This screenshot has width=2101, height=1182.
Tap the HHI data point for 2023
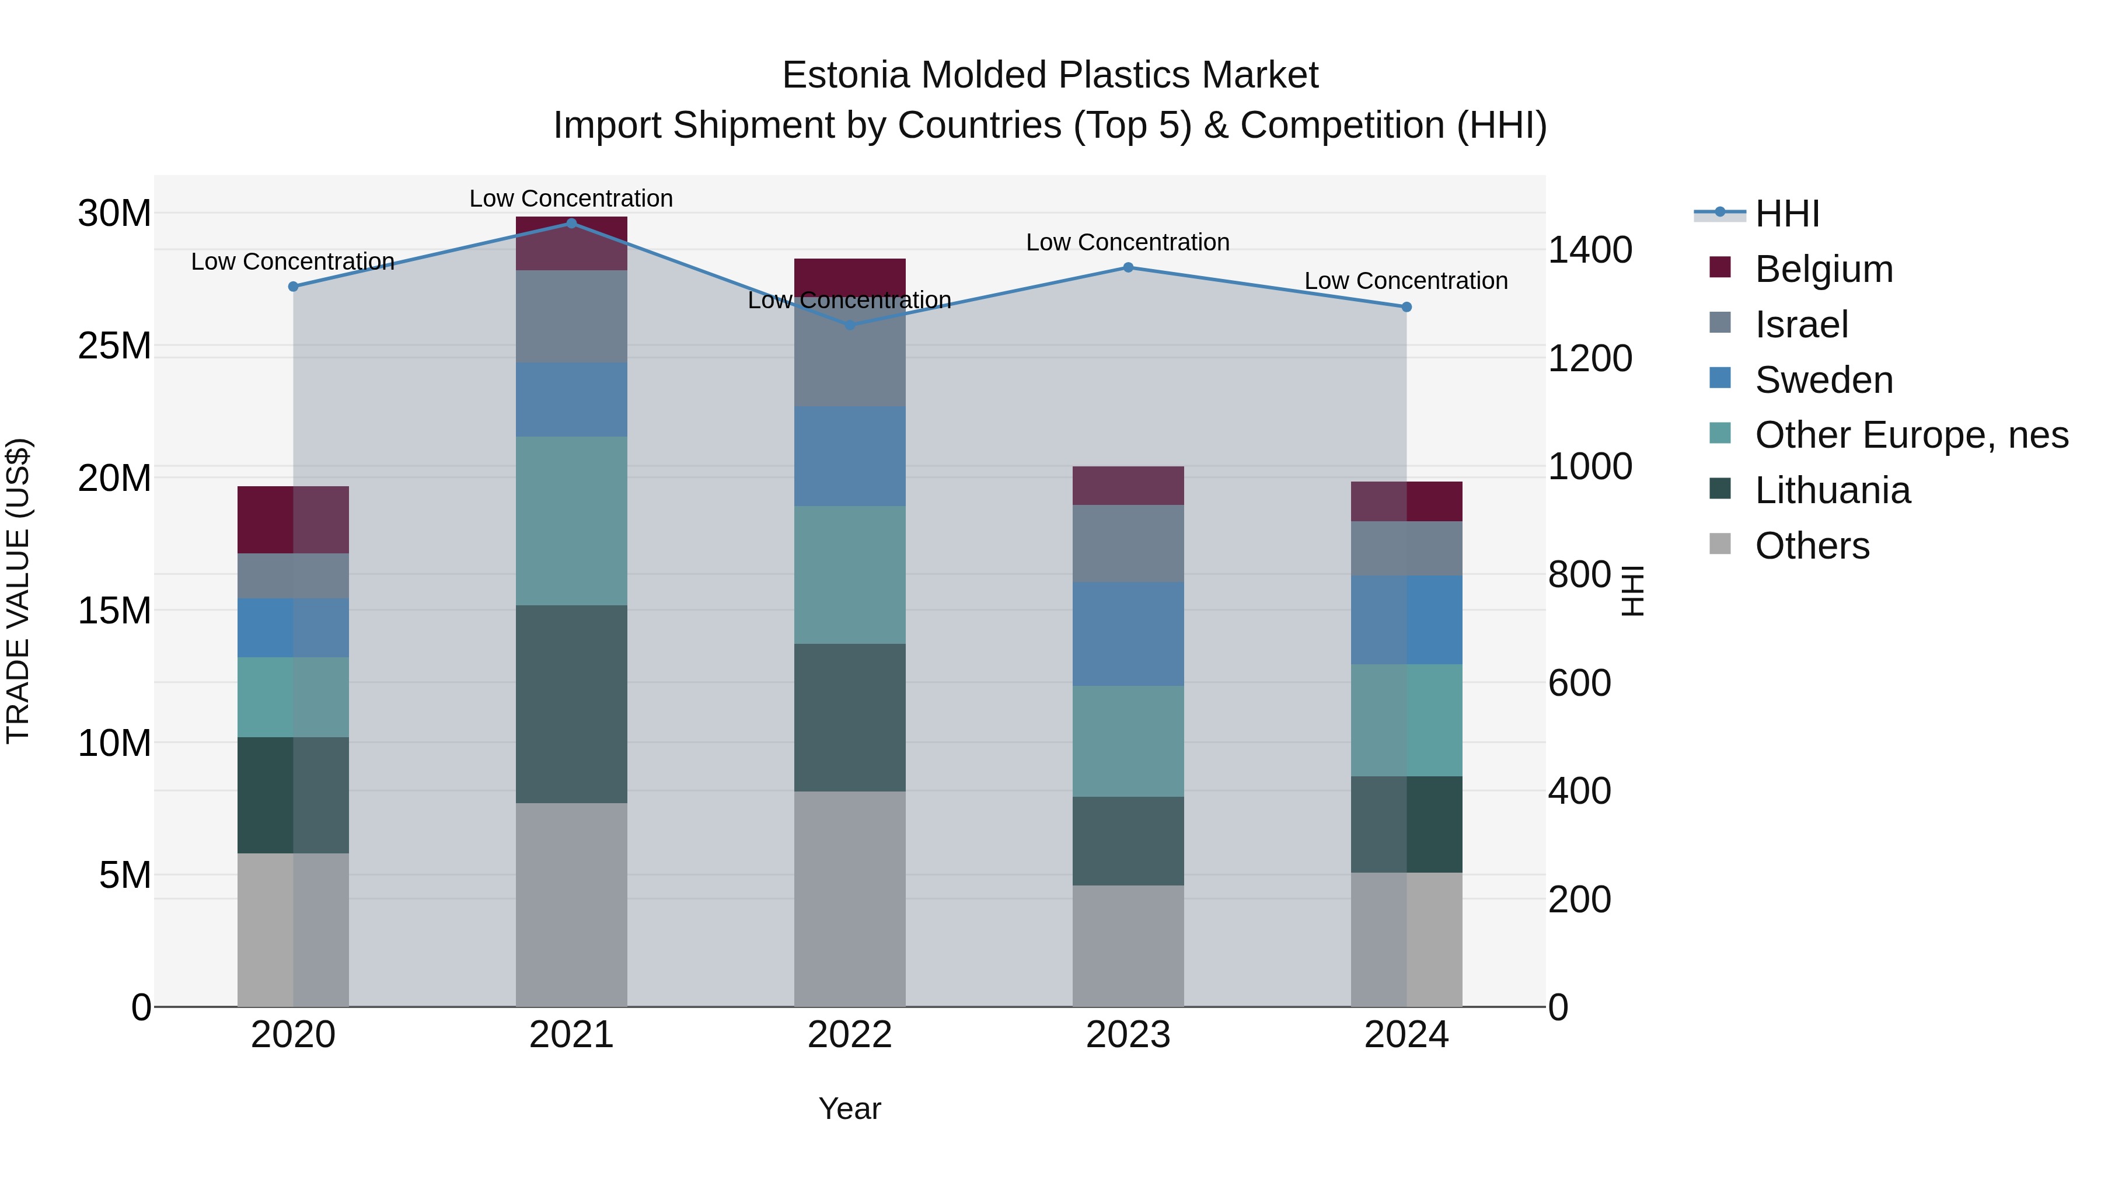(x=1128, y=267)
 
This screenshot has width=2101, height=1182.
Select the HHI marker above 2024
(x=1406, y=308)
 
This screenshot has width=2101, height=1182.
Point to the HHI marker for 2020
(x=294, y=287)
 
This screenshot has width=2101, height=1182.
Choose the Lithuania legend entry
(x=1832, y=491)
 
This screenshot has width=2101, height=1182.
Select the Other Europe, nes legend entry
(x=1911, y=435)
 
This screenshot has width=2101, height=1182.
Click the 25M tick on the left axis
(x=114, y=346)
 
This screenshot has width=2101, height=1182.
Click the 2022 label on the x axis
(x=849, y=1035)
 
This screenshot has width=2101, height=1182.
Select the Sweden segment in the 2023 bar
(x=1128, y=634)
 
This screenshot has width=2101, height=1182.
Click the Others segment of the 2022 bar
(x=849, y=899)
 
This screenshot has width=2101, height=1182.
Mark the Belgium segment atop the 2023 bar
(x=1128, y=486)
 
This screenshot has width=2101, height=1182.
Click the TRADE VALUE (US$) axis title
(x=18, y=591)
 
